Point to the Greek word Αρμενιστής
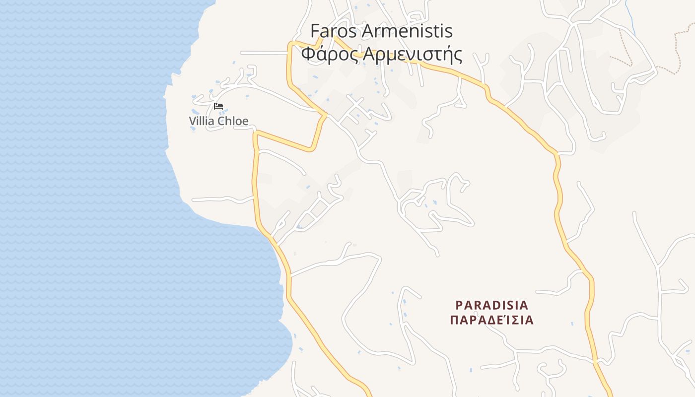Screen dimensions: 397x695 click(413, 54)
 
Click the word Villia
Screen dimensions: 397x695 click(201, 121)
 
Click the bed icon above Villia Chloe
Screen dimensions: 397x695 click(218, 106)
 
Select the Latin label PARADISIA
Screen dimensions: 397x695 click(492, 305)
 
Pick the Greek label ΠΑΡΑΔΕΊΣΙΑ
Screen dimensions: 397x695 click(492, 320)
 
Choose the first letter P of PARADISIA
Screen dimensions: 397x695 click(459, 305)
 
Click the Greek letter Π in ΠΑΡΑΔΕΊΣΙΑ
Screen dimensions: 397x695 click(454, 320)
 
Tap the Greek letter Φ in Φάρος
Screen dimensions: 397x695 click(308, 54)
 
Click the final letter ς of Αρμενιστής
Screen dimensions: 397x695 click(458, 55)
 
